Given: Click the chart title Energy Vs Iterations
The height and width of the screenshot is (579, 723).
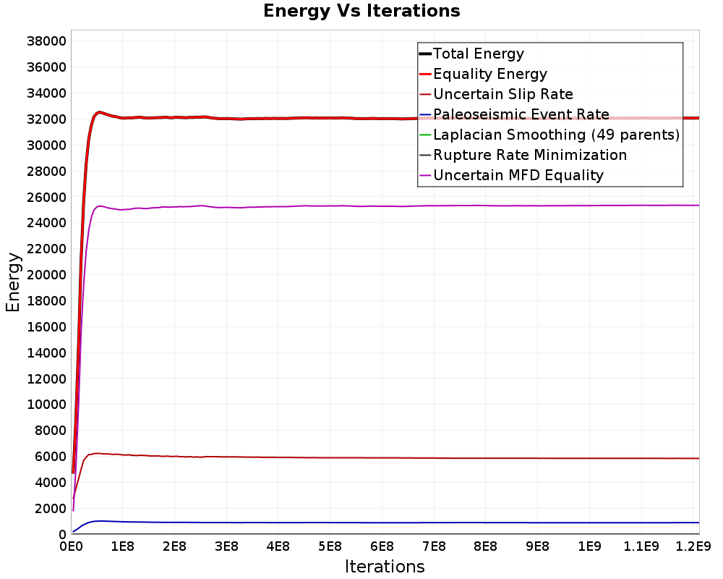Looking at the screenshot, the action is click(x=361, y=11).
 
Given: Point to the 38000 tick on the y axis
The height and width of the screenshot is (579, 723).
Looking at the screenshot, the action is click(x=46, y=41).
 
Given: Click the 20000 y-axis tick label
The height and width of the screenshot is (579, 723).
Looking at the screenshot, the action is click(x=46, y=275).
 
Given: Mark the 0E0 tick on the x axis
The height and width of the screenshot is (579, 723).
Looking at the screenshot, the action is click(x=71, y=546).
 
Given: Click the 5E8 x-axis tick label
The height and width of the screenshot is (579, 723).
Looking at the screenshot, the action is click(x=330, y=546).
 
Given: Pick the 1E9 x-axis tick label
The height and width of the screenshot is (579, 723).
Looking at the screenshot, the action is click(x=589, y=546).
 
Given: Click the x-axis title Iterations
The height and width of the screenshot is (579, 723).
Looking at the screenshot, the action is click(x=385, y=566).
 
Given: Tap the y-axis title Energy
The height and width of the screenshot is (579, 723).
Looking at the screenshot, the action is click(x=13, y=282).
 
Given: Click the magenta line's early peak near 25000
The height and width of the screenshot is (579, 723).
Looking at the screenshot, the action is click(x=99, y=206).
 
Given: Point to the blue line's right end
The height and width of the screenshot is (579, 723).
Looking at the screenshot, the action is click(x=699, y=523).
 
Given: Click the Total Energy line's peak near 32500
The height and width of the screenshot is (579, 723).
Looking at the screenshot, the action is click(x=98, y=111).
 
